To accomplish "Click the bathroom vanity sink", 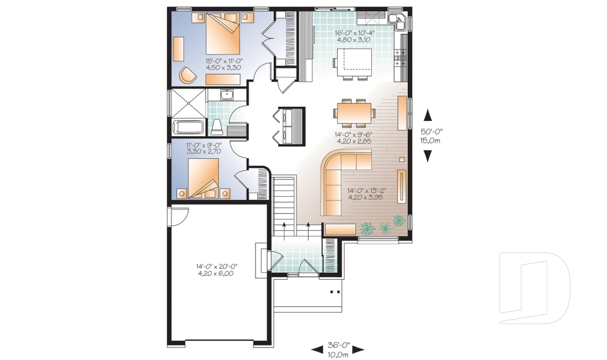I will point(228,96).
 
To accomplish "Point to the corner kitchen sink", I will point(397,20).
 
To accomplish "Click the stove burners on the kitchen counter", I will point(400,60).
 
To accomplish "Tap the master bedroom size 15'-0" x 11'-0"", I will point(224,65).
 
